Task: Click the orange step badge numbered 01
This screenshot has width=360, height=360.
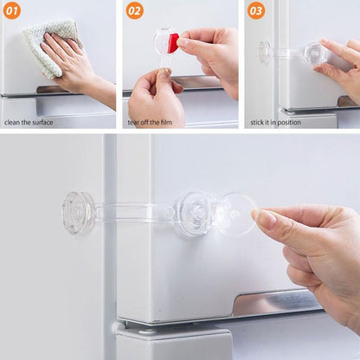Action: tap(11, 10)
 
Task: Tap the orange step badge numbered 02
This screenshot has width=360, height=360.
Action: tap(135, 10)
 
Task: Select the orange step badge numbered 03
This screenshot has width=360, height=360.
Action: tap(256, 10)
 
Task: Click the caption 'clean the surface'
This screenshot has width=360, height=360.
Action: tap(29, 122)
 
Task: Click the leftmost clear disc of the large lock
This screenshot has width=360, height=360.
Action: tap(79, 213)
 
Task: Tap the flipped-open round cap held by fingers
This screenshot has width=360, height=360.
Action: tap(235, 214)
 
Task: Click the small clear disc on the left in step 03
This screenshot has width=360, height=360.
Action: tap(264, 52)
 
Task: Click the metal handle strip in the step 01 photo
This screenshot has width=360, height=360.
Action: tap(35, 90)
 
